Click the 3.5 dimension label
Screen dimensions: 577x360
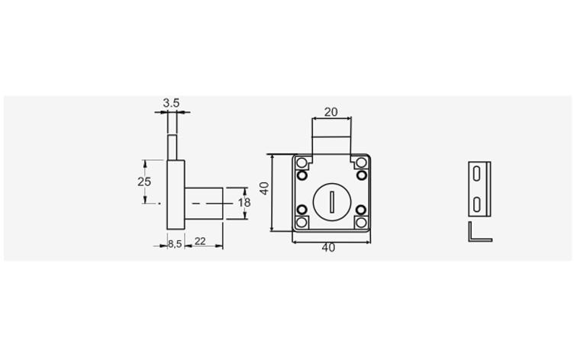(171, 103)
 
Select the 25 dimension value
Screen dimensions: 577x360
(144, 182)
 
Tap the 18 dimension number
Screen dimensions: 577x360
(244, 203)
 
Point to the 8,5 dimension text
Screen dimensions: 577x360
(176, 244)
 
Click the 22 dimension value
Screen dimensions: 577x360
(200, 241)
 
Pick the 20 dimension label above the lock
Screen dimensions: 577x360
(330, 112)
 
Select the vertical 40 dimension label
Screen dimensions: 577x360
(265, 188)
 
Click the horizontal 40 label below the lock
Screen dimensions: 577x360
(328, 248)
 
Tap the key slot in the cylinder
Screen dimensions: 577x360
(332, 202)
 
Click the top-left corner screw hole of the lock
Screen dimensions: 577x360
(301, 163)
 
